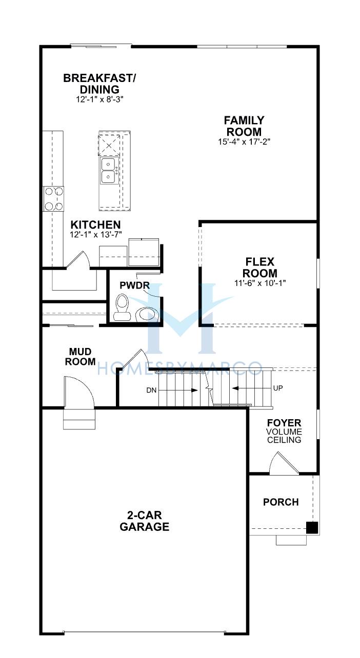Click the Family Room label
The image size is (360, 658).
click(244, 126)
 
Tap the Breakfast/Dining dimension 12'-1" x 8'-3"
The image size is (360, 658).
click(99, 99)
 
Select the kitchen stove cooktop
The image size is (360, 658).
click(53, 199)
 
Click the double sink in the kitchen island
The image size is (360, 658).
click(108, 170)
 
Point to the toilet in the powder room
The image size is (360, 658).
click(122, 307)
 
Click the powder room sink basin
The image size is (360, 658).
click(147, 314)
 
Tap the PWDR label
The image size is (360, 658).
click(134, 285)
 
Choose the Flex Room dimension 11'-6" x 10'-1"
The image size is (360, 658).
click(260, 283)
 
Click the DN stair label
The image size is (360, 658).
click(151, 390)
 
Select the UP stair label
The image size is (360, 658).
click(278, 388)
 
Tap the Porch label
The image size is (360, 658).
click(281, 502)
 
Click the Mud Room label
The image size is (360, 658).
click(80, 356)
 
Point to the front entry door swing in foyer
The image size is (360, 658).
click(284, 463)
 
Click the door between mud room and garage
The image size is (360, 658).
click(79, 392)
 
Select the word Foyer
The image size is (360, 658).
click(284, 423)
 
